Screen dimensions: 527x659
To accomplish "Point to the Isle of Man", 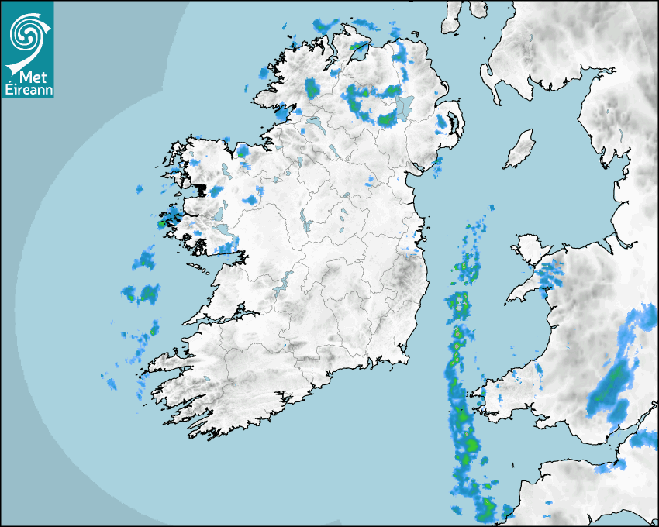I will (x=520, y=149).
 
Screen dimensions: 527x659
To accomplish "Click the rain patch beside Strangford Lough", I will (x=443, y=123).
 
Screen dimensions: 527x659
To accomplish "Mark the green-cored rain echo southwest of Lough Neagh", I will (x=386, y=119).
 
